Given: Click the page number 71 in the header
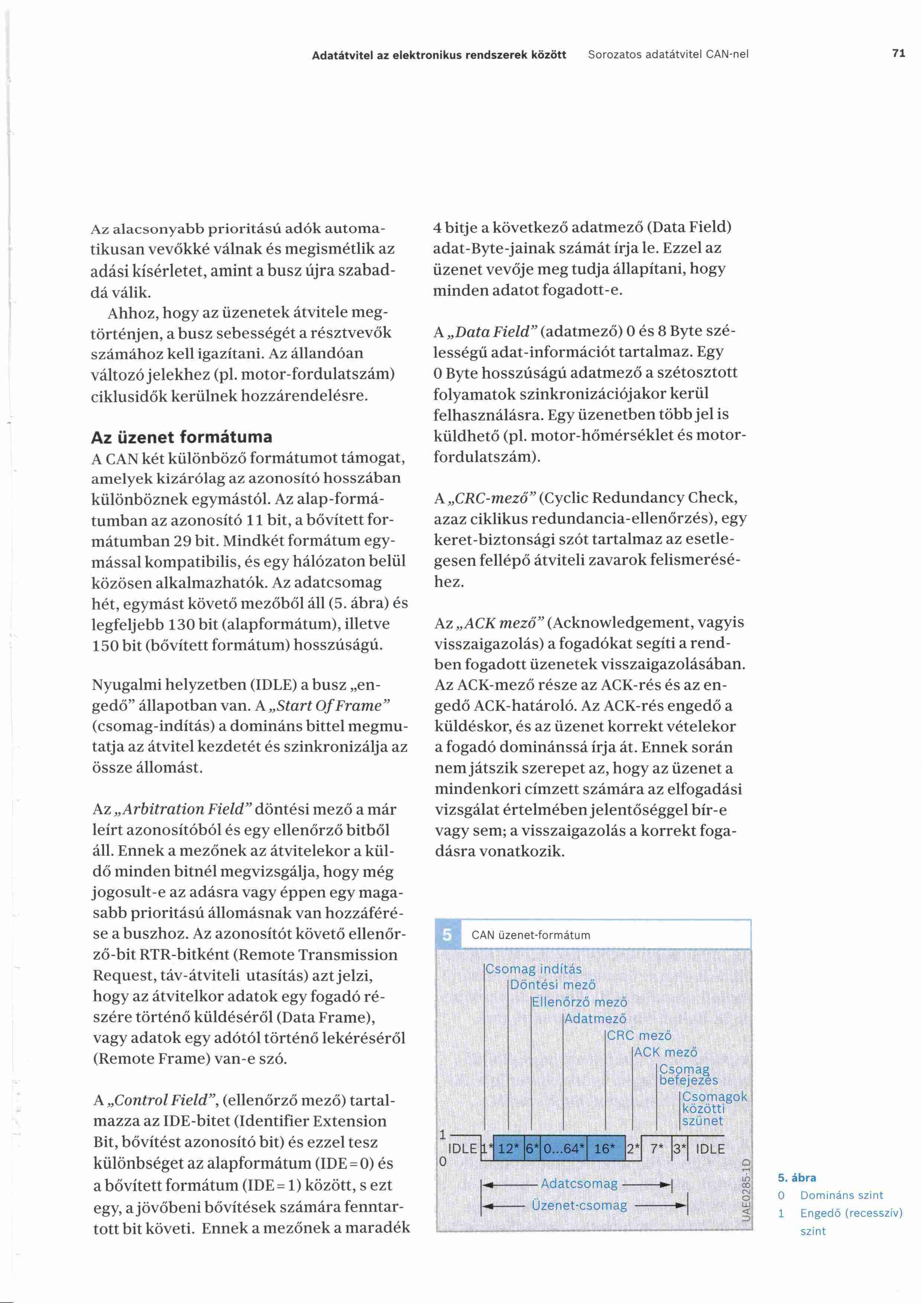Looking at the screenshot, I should (898, 54).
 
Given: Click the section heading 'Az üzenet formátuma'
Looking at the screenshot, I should (182, 437).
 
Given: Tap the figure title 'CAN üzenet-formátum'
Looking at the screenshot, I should (531, 935).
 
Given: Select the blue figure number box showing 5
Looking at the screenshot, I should (447, 934).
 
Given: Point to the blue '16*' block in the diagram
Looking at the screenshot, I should (605, 1149).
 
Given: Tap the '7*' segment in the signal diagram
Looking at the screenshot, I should (657, 1149).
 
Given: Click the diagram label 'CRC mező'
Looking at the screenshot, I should (639, 1035).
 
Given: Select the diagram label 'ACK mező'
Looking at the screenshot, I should (665, 1052).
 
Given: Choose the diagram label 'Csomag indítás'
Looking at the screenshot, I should (533, 969).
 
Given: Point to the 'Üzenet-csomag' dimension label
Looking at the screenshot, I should (579, 1205).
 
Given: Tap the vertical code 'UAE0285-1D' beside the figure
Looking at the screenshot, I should (746, 1192).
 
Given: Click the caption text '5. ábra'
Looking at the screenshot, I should (797, 1177).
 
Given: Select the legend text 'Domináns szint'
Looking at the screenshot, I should (841, 1195).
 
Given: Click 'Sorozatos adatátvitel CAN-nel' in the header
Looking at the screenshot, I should (668, 55).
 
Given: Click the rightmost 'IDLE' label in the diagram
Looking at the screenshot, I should (710, 1149).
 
